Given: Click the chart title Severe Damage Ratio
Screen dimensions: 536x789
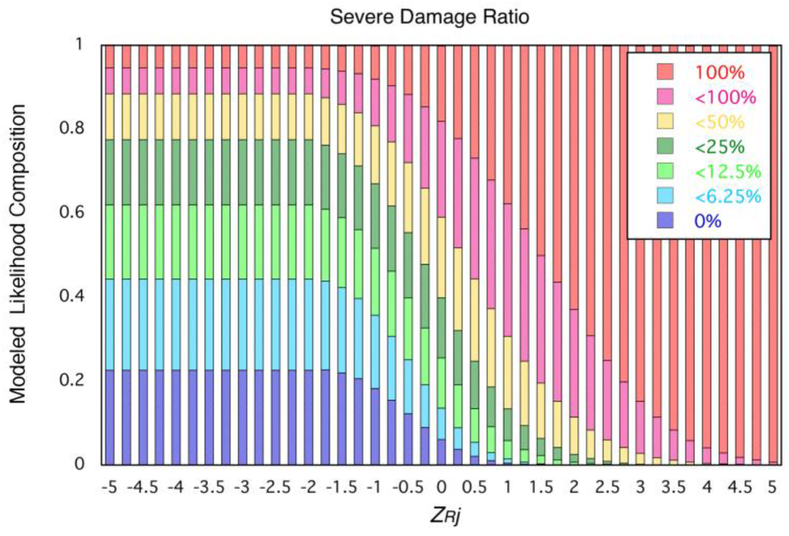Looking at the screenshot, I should pos(429,16).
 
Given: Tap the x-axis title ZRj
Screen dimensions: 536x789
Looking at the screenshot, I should pos(439,514).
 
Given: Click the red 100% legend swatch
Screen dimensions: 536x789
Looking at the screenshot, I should pos(666,73).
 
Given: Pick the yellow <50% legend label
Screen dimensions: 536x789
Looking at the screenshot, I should pos(720,122).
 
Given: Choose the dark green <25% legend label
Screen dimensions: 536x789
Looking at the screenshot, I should pos(720,147).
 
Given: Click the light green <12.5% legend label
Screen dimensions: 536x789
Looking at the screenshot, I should pos(727,172).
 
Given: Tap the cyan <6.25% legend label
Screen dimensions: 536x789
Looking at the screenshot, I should pos(727,196).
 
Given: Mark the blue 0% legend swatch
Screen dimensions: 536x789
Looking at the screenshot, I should pos(666,221).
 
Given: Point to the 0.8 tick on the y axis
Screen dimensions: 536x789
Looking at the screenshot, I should pos(72,128).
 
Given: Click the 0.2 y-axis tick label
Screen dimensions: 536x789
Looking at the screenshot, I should pos(72,380).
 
